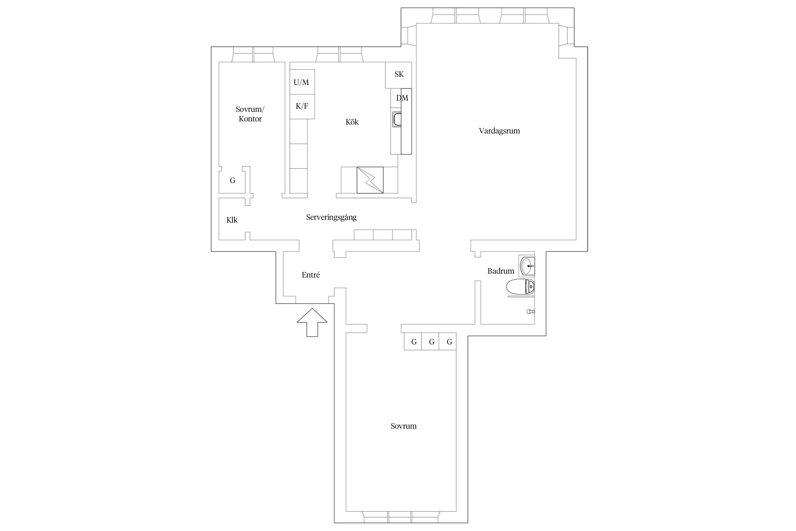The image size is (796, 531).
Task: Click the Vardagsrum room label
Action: click(499, 131)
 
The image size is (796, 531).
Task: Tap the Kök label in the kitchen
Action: click(352, 122)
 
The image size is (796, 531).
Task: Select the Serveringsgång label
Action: click(331, 217)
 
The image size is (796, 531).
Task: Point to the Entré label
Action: click(311, 275)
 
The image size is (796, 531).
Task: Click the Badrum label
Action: click(501, 271)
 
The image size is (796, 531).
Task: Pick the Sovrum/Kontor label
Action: click(250, 114)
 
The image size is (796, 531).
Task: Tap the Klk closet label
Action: click(232, 220)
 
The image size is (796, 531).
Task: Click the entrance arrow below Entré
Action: click(312, 322)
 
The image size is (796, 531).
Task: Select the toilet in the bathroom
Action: click(520, 287)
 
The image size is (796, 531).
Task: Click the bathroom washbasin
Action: click(527, 265)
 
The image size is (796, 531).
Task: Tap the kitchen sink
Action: click(397, 119)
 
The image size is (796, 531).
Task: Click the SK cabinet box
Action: click(398, 75)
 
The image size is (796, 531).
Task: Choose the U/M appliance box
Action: click(302, 82)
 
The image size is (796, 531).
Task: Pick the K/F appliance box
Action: click(302, 107)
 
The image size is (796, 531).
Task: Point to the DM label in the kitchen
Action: click(402, 98)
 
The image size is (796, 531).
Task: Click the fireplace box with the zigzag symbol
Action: click(370, 180)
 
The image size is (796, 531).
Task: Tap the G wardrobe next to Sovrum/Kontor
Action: click(232, 181)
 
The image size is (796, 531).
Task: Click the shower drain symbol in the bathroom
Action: click(530, 312)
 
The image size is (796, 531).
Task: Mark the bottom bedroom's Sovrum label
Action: click(403, 426)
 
